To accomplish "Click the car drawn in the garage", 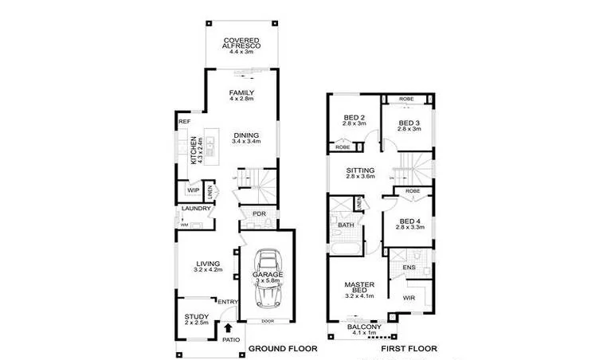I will click(x=268, y=279).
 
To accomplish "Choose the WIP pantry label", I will click(x=193, y=191).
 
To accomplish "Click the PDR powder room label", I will click(x=258, y=214).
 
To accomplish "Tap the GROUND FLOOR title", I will click(x=283, y=349).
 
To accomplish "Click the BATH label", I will click(x=345, y=225).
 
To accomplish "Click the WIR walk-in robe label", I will click(x=409, y=298).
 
